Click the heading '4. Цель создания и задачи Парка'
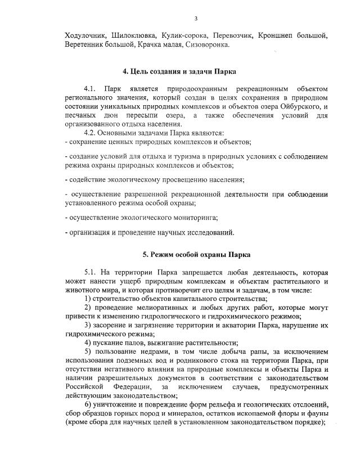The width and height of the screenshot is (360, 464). click(x=180, y=72)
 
